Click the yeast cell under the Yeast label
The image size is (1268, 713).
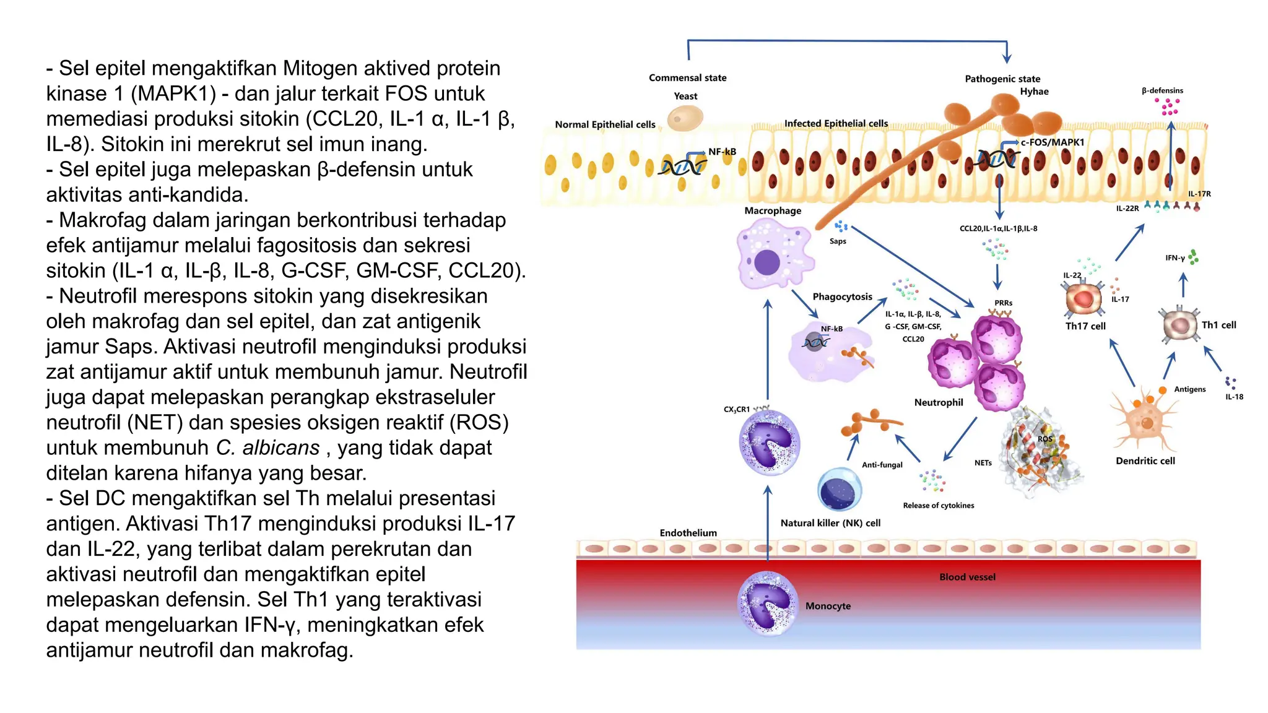[685, 118]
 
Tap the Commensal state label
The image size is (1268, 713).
[687, 78]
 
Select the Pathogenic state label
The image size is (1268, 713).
[1002, 79]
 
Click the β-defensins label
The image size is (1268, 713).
[1162, 90]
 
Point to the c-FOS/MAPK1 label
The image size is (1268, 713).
[1053, 142]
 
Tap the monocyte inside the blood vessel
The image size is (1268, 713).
[768, 603]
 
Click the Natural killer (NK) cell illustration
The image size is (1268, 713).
[840, 490]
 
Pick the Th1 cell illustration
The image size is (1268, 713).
[1179, 324]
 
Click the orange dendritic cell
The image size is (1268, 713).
[1145, 421]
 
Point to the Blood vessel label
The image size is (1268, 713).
[967, 577]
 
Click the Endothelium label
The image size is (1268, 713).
[688, 533]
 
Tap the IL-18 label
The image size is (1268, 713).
[1234, 397]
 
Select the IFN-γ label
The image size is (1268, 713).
[1175, 258]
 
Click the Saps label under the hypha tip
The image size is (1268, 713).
[837, 241]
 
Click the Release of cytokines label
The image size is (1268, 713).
[938, 506]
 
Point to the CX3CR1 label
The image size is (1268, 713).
[736, 409]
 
